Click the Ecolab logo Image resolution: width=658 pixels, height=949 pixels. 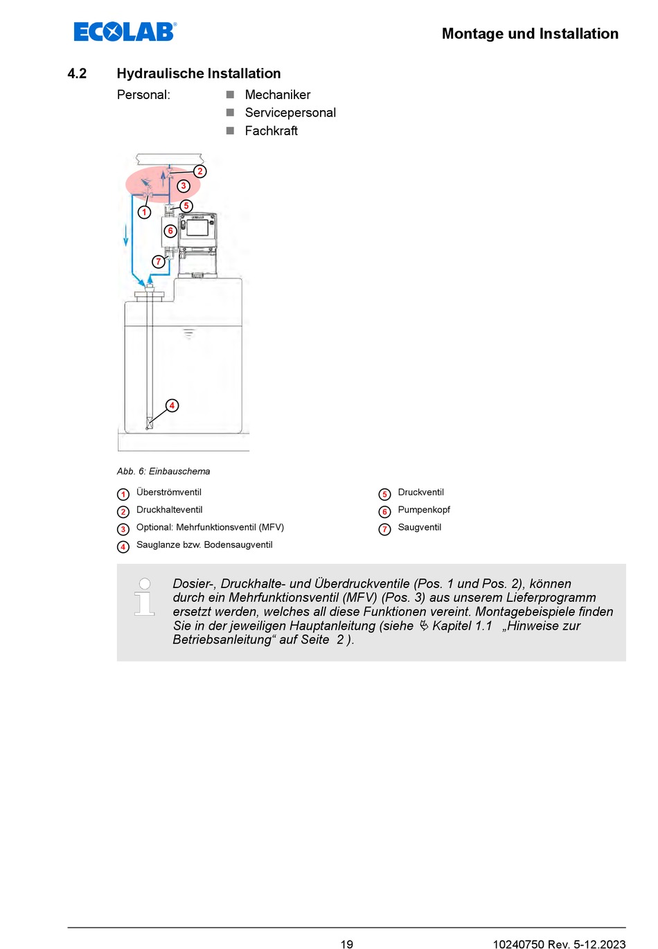click(125, 32)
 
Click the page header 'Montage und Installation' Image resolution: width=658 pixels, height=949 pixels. click(530, 34)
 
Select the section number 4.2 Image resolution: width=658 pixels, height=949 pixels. click(77, 73)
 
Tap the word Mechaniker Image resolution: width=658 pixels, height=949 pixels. click(277, 95)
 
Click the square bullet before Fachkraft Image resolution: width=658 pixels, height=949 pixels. click(230, 130)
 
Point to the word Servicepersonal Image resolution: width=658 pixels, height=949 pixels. click(290, 113)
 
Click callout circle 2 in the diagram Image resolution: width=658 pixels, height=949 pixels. click(200, 171)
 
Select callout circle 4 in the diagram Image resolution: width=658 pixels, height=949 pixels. click(172, 405)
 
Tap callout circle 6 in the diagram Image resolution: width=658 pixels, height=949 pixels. click(170, 231)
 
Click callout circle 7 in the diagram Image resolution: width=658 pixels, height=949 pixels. click(159, 261)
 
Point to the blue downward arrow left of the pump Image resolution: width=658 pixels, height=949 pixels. click(126, 236)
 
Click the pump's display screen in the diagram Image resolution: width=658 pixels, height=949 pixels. click(197, 227)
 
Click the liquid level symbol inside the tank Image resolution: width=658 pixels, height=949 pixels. click(188, 334)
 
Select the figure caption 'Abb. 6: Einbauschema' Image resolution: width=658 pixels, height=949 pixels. click(163, 471)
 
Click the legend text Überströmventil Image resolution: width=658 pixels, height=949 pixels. click(169, 493)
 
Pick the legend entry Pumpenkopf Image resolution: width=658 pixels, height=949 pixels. click(424, 510)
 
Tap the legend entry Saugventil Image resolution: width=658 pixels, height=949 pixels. click(419, 527)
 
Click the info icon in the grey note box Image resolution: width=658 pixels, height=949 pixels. click(144, 597)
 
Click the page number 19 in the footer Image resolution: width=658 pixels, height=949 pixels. click(347, 943)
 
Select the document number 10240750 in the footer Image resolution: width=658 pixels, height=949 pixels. click(517, 943)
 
